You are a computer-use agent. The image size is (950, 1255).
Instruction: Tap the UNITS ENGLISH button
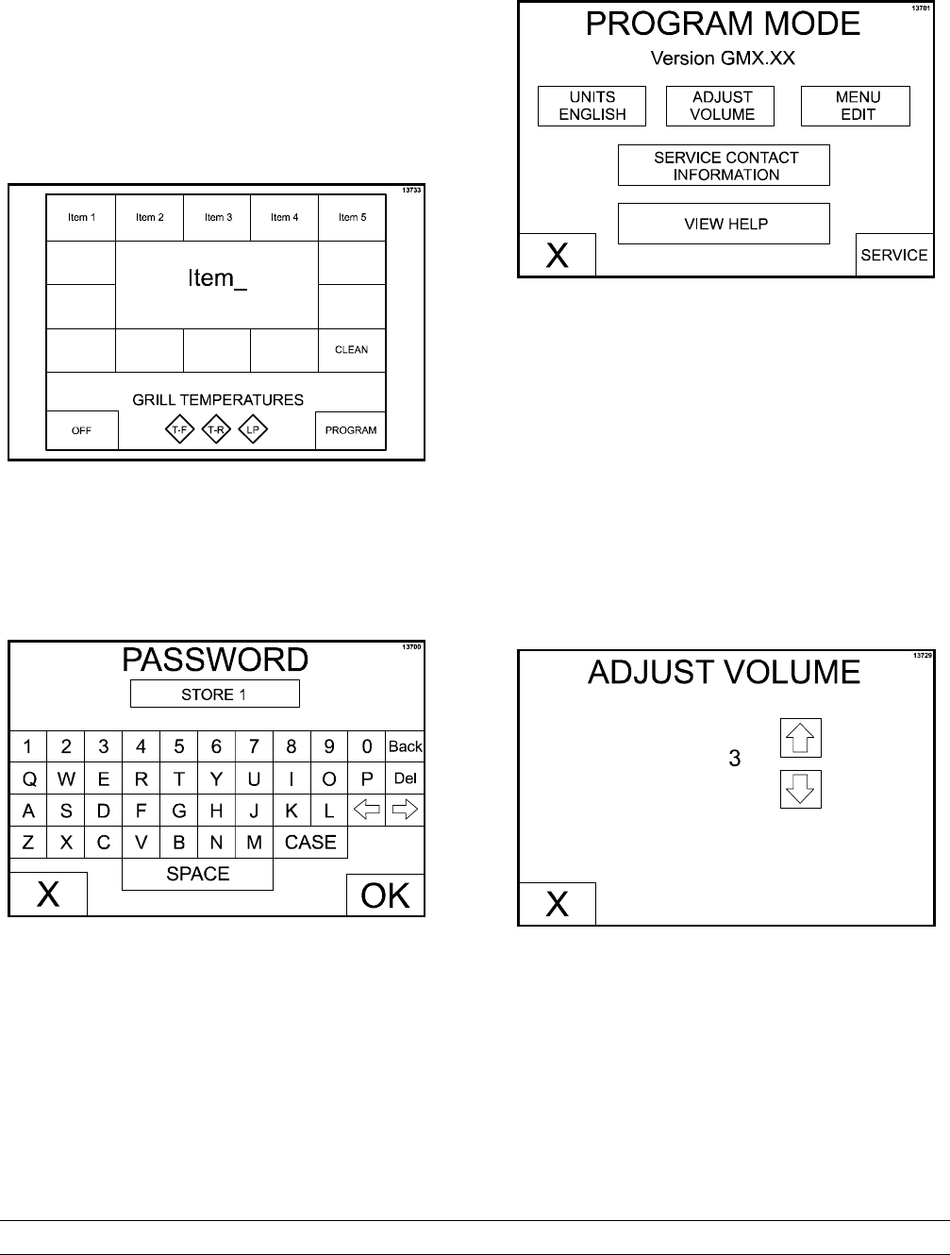pyautogui.click(x=592, y=106)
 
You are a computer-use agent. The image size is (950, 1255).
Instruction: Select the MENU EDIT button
pyautogui.click(x=856, y=106)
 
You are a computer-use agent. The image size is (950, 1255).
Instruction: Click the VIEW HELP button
pyautogui.click(x=724, y=224)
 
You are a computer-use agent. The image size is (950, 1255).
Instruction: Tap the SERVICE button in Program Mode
pyautogui.click(x=894, y=255)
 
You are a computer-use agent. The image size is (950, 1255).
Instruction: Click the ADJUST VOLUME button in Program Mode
pyautogui.click(x=722, y=106)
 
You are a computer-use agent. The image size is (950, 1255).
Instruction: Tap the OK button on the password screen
pyautogui.click(x=386, y=895)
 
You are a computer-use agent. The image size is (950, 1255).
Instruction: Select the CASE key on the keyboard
pyautogui.click(x=310, y=843)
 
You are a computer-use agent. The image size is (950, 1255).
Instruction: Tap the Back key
pyautogui.click(x=405, y=746)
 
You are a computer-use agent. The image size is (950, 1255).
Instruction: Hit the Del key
pyautogui.click(x=405, y=778)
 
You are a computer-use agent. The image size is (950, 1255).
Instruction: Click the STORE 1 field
pyautogui.click(x=214, y=694)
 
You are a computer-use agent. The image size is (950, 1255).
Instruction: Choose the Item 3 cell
pyautogui.click(x=217, y=218)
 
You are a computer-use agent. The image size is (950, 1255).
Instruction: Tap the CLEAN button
pyautogui.click(x=351, y=350)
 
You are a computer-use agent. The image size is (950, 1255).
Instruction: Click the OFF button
pyautogui.click(x=82, y=430)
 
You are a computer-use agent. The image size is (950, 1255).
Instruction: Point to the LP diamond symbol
pyautogui.click(x=253, y=430)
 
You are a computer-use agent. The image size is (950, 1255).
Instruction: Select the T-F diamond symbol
pyautogui.click(x=181, y=430)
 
